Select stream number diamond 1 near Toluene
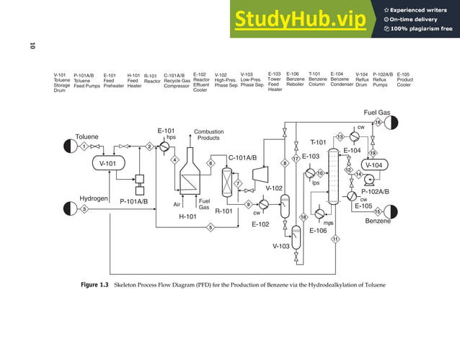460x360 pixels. [84, 146]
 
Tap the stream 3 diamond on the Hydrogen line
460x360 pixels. [84, 209]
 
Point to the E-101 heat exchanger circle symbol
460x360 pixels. [165, 146]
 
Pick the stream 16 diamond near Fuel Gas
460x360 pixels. [377, 123]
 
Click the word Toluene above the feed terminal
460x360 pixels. [88, 136]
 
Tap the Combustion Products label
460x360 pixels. [208, 135]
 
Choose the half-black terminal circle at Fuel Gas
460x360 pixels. [391, 123]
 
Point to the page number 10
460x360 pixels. [32, 47]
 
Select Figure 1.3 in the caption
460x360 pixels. [94, 285]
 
